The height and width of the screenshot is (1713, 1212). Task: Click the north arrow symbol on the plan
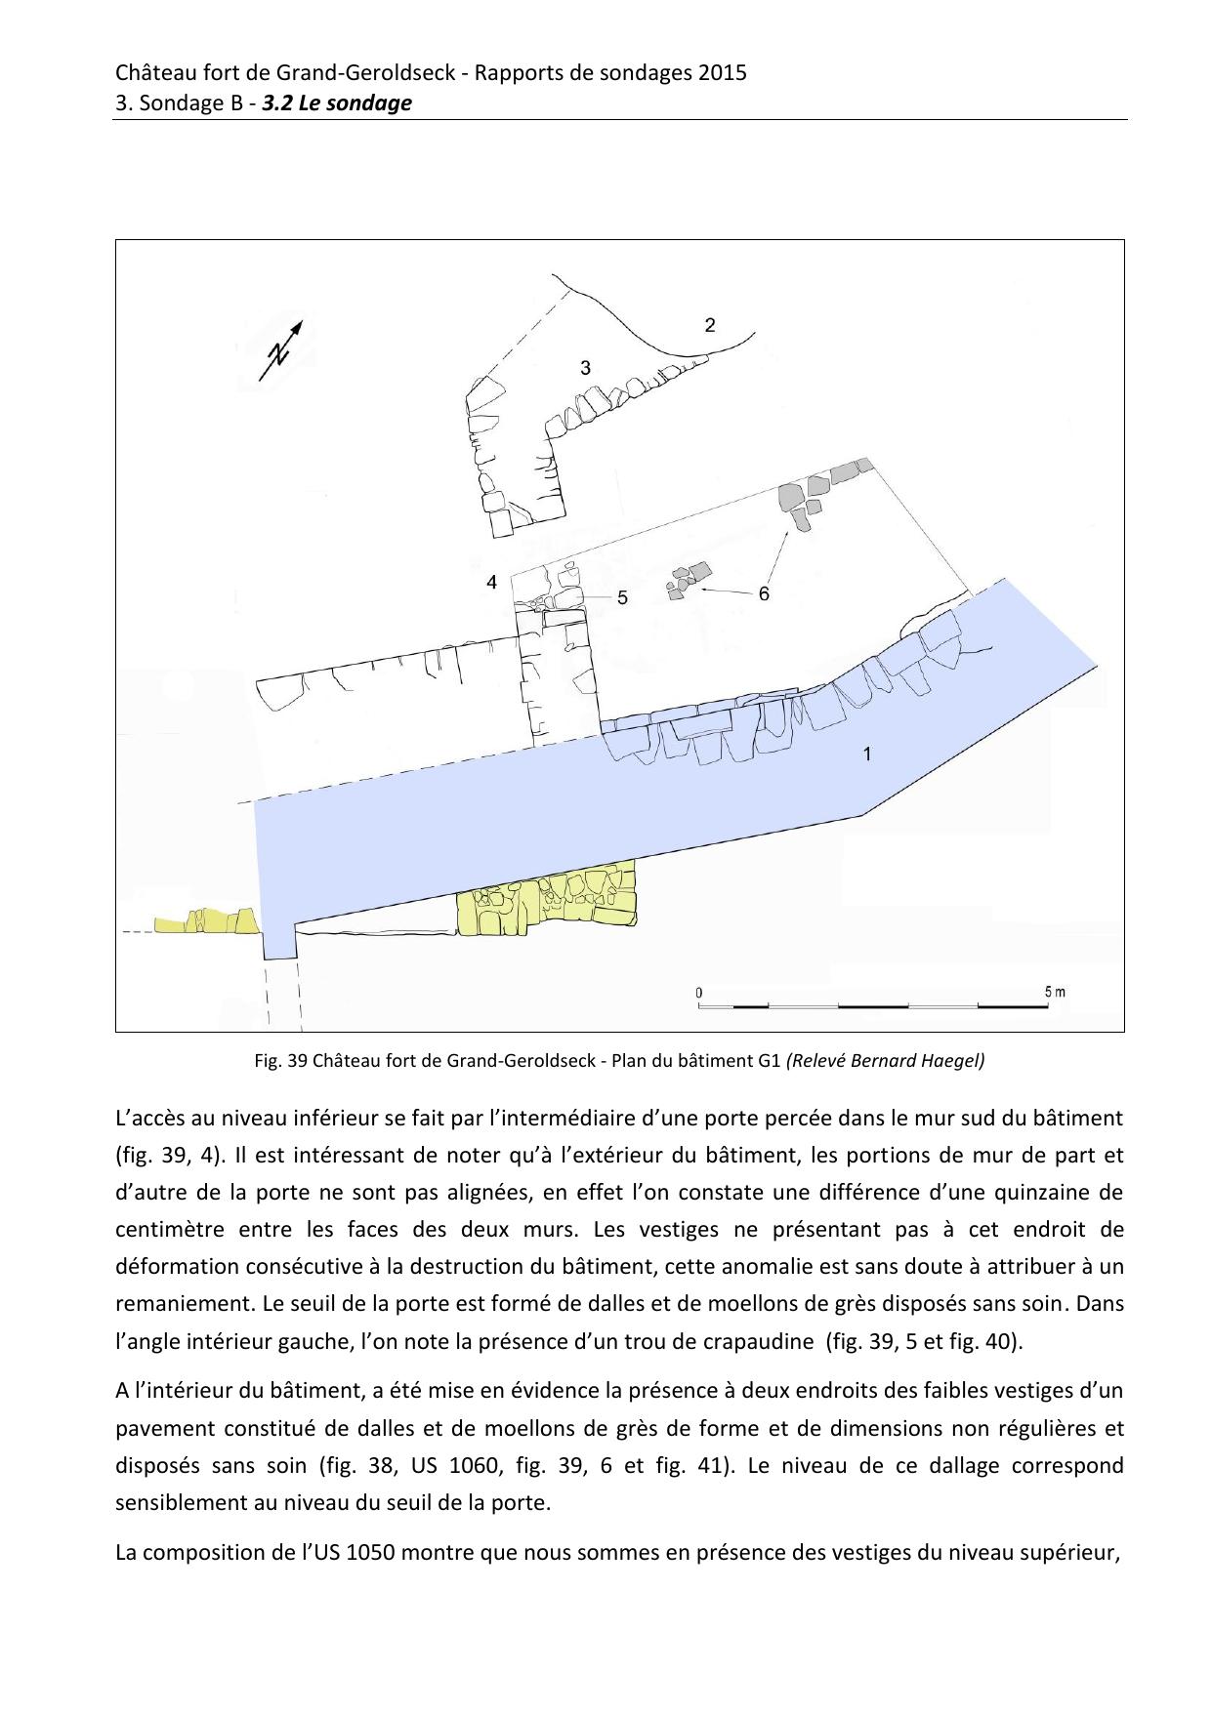pyautogui.click(x=281, y=350)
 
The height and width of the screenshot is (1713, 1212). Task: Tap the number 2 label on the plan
pyautogui.click(x=710, y=325)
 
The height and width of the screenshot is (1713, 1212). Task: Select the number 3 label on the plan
pyautogui.click(x=585, y=368)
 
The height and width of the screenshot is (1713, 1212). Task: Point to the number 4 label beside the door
pyautogui.click(x=492, y=583)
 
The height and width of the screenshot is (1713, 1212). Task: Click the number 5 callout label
pyautogui.click(x=622, y=597)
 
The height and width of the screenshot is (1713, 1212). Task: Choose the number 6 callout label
pyautogui.click(x=764, y=593)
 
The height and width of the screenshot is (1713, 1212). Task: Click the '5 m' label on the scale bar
pyautogui.click(x=1054, y=992)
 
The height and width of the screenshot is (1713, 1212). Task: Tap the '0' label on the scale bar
pyautogui.click(x=699, y=993)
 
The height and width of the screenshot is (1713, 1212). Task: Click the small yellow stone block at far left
pyautogui.click(x=207, y=921)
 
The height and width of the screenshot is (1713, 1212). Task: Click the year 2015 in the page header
pyautogui.click(x=722, y=72)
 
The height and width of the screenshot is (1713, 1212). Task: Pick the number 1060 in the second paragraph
pyautogui.click(x=449, y=1465)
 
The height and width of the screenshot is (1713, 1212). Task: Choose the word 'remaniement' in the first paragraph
pyautogui.click(x=174, y=1303)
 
